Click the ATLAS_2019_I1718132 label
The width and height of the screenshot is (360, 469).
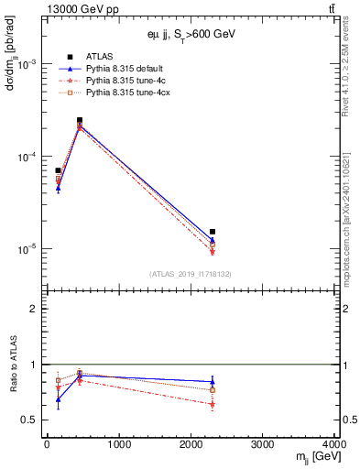(x=190, y=273)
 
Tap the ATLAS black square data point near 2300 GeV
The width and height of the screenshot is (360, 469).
(x=213, y=232)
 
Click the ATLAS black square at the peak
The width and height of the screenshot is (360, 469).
(x=80, y=120)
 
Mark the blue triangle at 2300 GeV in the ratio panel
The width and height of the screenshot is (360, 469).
(x=213, y=381)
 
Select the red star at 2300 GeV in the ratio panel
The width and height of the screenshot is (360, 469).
(x=213, y=404)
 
